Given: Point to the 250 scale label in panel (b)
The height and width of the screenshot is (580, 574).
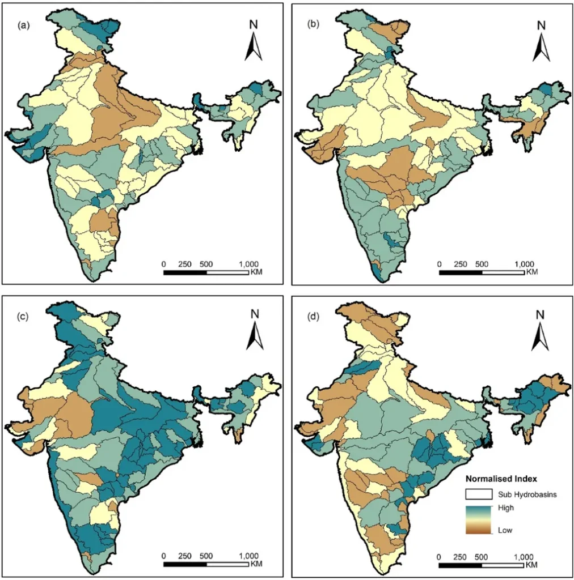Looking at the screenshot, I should pyautogui.click(x=460, y=264).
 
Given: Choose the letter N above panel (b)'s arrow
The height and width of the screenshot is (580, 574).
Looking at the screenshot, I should pyautogui.click(x=541, y=25).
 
